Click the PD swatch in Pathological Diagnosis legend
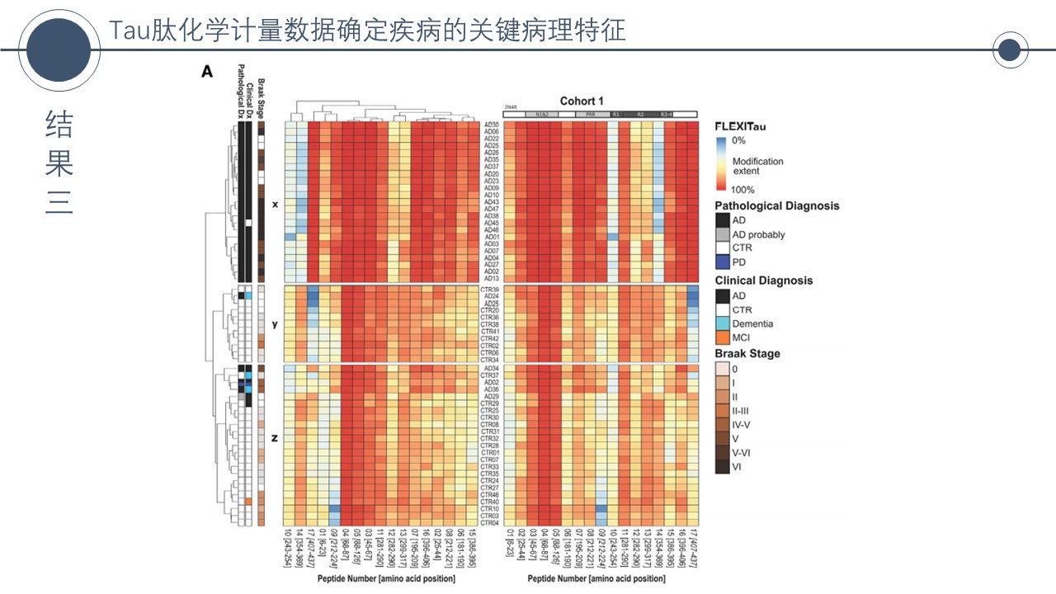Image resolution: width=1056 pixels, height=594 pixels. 722,262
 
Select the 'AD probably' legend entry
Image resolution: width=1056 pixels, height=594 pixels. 758,235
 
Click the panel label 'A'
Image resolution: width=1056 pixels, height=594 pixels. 207,73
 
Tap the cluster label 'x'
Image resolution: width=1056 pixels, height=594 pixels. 275,202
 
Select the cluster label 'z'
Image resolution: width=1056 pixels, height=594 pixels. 275,438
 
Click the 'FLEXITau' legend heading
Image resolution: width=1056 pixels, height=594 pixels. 740,126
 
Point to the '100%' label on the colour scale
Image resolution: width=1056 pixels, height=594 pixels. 744,190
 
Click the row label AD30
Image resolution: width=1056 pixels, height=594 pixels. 492,125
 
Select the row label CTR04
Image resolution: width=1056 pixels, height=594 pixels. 490,522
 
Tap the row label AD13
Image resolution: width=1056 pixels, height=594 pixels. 492,278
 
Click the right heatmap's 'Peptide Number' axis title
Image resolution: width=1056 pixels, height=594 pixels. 596,579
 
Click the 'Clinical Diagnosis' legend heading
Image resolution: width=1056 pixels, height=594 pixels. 763,280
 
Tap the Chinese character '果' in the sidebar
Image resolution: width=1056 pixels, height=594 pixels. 59,163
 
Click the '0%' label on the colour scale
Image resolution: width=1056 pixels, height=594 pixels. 739,141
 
